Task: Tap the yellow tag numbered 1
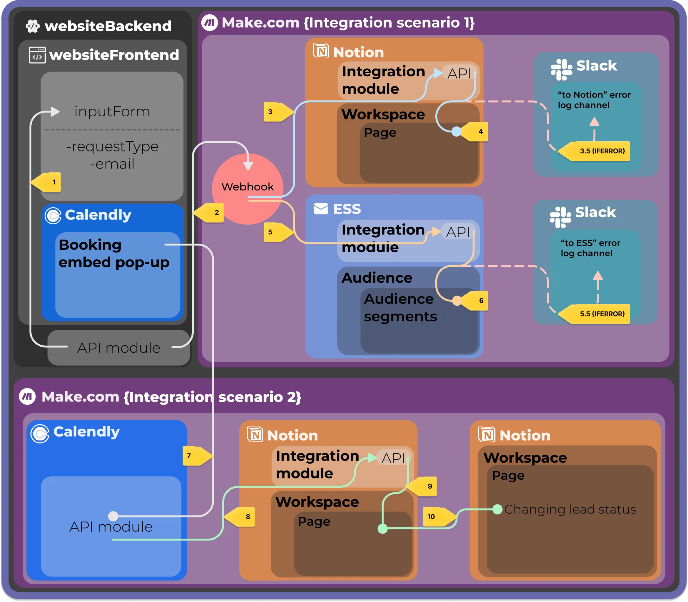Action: (49, 182)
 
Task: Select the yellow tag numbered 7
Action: (195, 456)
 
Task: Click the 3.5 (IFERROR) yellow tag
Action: (598, 151)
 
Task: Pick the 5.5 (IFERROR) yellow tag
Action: (598, 314)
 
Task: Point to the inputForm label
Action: (112, 112)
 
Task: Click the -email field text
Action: (112, 164)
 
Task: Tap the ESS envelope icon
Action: (321, 208)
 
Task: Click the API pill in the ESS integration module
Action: (458, 232)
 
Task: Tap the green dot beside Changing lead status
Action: (497, 509)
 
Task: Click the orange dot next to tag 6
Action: (457, 300)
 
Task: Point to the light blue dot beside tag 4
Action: (456, 131)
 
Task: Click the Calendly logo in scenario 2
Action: (40, 434)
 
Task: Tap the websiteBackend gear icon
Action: (33, 26)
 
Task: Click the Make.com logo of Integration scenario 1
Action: (209, 23)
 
